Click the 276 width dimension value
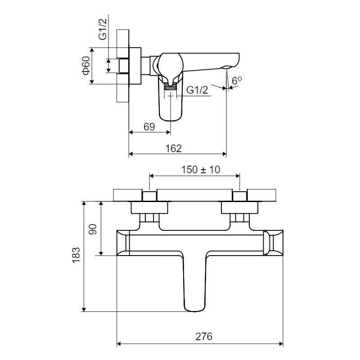click(x=204, y=337)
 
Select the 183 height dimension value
click(x=76, y=255)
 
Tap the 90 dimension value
click(x=93, y=229)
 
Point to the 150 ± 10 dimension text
click(x=201, y=170)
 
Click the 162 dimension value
click(x=174, y=148)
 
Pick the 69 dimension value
click(x=149, y=127)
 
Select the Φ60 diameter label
click(x=86, y=66)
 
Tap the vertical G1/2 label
click(x=103, y=29)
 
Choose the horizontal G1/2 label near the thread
click(x=197, y=90)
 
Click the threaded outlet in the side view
click(x=171, y=87)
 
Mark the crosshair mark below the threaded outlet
click(x=171, y=95)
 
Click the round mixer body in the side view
click(x=171, y=65)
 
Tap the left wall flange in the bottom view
click(x=149, y=208)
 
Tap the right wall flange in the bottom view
click(x=239, y=208)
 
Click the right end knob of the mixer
click(x=273, y=243)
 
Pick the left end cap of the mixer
click(x=123, y=243)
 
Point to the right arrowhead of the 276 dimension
click(x=280, y=344)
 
